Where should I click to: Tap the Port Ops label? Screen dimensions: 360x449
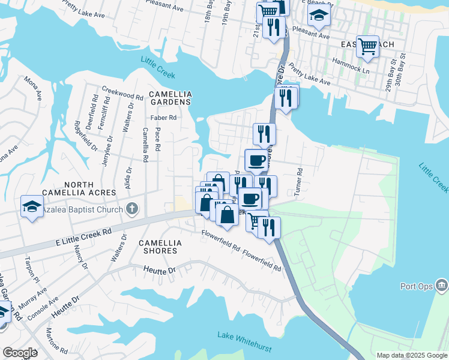pyautogui.click(x=417, y=287)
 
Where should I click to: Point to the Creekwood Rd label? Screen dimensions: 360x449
pyautogui.click(x=122, y=95)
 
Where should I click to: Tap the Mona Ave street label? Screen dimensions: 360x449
pyautogui.click(x=32, y=88)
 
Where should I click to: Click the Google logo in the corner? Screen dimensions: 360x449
pyautogui.click(x=20, y=353)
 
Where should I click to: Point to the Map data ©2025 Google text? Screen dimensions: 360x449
pyautogui.click(x=411, y=355)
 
